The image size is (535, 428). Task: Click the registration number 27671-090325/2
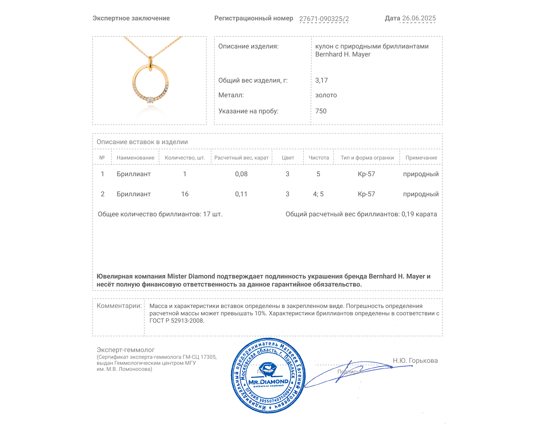tap(324, 19)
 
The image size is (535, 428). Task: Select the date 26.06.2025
tap(419, 18)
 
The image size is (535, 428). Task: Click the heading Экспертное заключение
tap(131, 18)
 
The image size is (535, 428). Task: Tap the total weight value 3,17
tap(321, 80)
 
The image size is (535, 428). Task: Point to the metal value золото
tap(326, 95)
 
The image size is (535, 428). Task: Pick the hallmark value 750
tap(321, 111)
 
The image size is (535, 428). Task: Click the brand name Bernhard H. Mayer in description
tap(343, 54)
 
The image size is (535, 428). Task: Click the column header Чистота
tap(318, 157)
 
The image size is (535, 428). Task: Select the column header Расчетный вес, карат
tap(241, 157)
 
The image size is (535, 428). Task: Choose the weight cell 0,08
tap(241, 174)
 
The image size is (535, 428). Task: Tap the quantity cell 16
tap(185, 194)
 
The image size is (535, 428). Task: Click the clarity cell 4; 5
tap(318, 194)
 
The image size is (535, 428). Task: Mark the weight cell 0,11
tap(241, 194)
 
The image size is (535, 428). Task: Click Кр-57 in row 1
tap(366, 174)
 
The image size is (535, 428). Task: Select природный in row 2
tap(421, 194)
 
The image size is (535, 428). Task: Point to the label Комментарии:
tap(119, 306)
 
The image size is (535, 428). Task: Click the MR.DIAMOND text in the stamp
tap(268, 382)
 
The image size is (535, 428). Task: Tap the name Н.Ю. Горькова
tap(415, 360)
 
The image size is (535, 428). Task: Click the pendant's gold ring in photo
tap(135, 77)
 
